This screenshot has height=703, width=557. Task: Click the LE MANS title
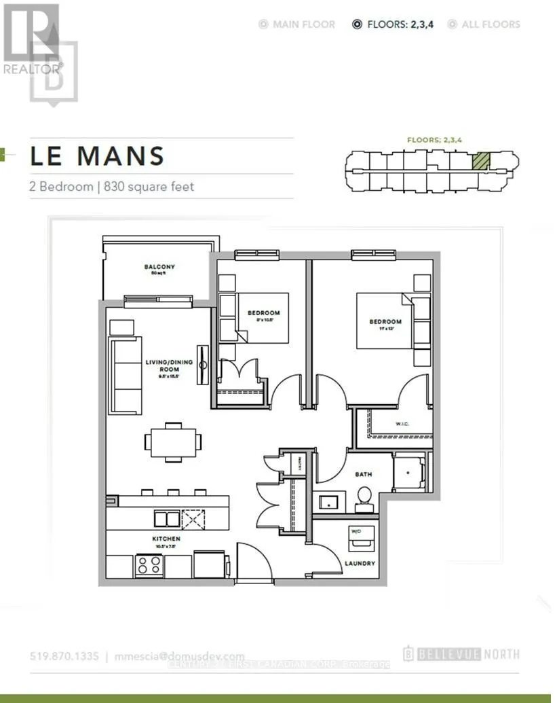[97, 156]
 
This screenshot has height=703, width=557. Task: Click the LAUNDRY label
[359, 563]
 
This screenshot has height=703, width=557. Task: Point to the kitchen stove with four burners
[149, 564]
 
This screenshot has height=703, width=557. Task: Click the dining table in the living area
[173, 442]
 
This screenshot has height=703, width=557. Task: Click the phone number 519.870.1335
[65, 656]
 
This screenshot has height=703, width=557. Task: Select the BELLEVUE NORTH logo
[461, 655]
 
